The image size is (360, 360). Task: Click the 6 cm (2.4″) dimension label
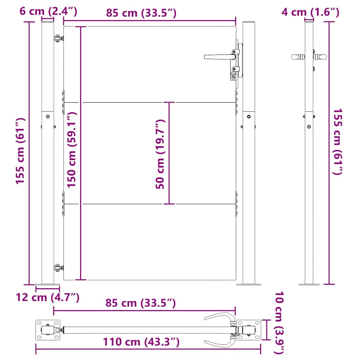pos(48,12)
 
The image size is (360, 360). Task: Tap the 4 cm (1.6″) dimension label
pos(310,13)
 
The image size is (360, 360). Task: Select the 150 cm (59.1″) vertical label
pos(72,150)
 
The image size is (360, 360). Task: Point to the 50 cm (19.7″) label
pos(160,154)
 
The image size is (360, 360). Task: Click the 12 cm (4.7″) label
pos(47,297)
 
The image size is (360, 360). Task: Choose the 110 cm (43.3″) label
pos(141,342)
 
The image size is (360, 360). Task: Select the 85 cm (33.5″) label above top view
pos(141,303)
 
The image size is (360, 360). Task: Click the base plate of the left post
pos(47,284)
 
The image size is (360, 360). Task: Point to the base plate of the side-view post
pos(309,284)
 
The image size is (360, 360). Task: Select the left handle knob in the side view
pos(297,56)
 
